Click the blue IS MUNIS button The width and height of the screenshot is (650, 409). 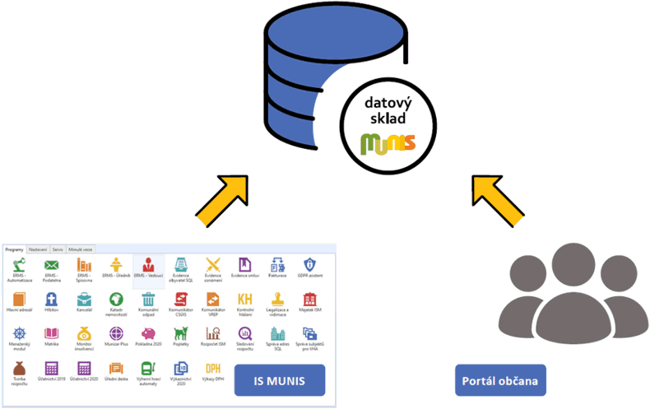280,381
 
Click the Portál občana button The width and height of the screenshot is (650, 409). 500,381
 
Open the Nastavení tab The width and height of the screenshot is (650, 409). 38,249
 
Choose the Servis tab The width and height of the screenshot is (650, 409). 58,249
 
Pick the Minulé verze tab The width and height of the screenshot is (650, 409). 81,249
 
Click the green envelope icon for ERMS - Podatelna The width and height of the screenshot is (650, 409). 51,265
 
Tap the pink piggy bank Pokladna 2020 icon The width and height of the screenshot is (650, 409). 149,333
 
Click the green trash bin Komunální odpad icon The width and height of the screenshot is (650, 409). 149,299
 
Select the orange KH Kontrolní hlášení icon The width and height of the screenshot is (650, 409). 244,299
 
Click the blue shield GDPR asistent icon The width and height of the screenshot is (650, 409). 309,265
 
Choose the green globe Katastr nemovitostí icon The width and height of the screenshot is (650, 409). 116,299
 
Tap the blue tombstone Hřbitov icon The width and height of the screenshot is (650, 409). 51,299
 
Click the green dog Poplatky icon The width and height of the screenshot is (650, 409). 180,333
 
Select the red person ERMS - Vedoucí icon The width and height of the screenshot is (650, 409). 149,265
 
